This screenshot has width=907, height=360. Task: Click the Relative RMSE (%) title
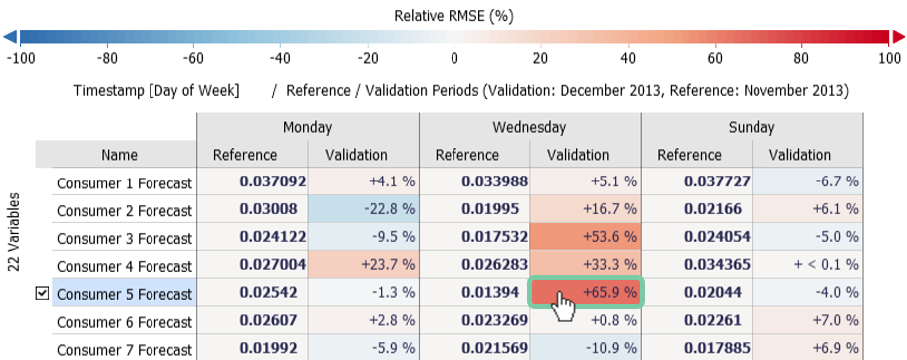[x=453, y=15]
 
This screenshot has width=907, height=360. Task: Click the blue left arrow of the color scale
[x=10, y=38]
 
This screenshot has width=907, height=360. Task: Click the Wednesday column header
[x=529, y=127]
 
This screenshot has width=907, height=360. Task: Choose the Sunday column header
[x=752, y=127]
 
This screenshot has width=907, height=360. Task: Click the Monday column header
[x=307, y=127]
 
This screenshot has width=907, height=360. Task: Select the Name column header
[x=119, y=155]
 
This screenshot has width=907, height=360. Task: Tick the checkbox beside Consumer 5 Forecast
[x=42, y=295]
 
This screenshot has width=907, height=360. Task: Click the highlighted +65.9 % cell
[x=586, y=294]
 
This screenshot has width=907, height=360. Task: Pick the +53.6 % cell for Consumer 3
[x=586, y=238]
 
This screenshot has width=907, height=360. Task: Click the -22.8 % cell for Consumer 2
[x=363, y=210]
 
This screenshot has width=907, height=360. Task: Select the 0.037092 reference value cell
[x=252, y=182]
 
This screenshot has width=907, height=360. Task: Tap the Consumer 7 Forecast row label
[x=125, y=350]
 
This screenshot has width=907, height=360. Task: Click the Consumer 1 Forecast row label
[x=125, y=183]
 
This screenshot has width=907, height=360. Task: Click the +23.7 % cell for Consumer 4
[x=363, y=266]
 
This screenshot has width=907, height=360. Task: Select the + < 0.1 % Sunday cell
[x=807, y=266]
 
